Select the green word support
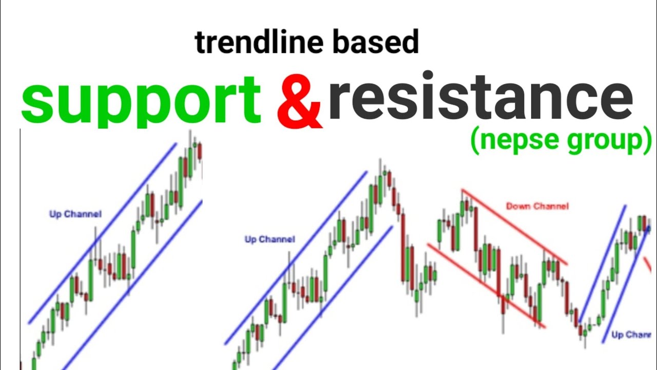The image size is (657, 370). click(141, 100)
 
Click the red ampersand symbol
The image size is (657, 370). click(299, 103)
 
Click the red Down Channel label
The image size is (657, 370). click(537, 206)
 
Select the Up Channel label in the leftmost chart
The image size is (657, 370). click(75, 214)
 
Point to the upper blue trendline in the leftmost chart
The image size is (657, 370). click(103, 233)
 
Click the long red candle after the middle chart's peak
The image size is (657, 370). click(403, 247)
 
